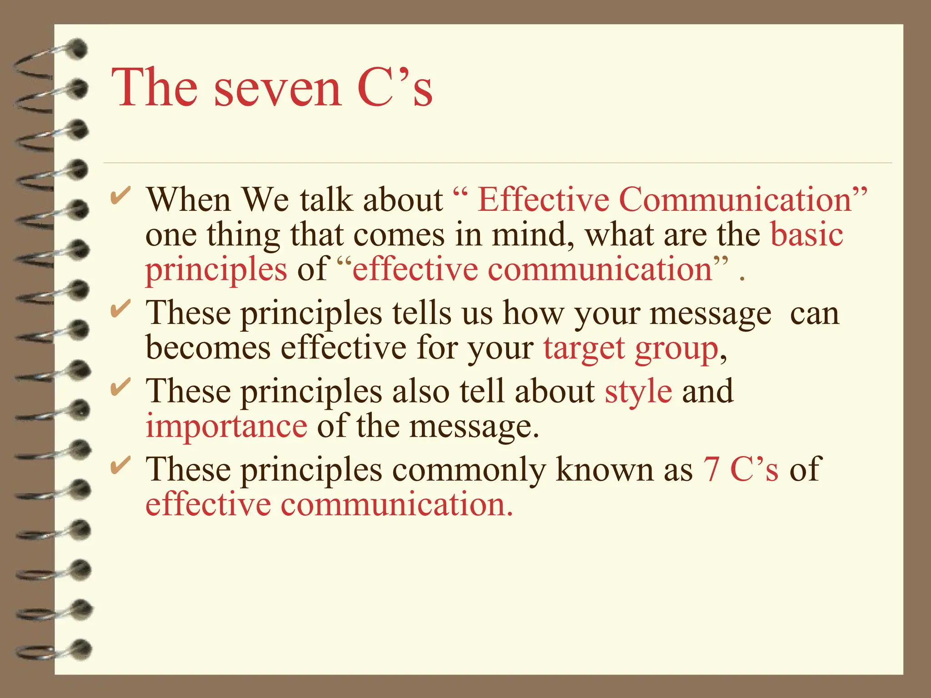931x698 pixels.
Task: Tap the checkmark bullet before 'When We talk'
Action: tap(120, 197)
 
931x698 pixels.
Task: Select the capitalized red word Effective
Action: tap(543, 200)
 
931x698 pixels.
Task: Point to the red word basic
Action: tap(807, 235)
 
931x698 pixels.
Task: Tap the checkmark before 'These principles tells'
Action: tap(120, 310)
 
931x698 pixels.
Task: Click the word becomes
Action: tap(208, 348)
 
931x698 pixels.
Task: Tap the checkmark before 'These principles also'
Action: tap(120, 388)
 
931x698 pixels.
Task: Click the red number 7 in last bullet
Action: tap(711, 470)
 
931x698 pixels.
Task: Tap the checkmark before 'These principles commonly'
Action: tap(120, 466)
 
